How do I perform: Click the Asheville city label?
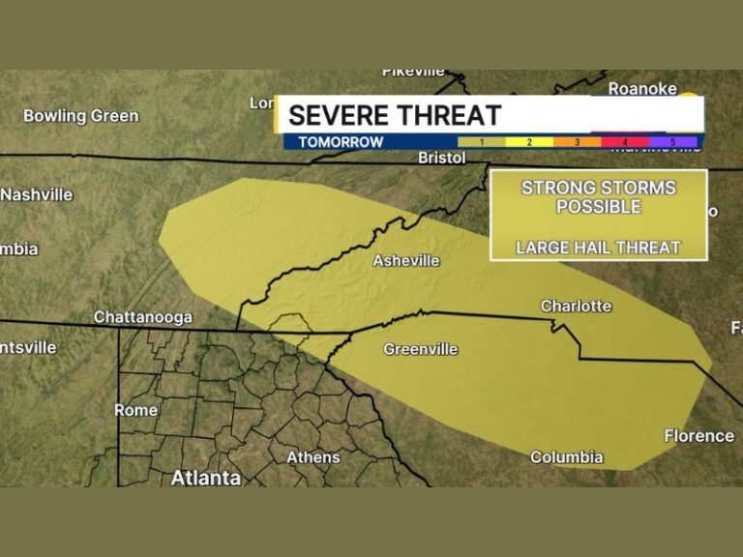click(x=406, y=260)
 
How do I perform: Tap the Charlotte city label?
click(x=576, y=306)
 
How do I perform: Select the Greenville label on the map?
click(x=420, y=349)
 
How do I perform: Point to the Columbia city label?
click(x=566, y=456)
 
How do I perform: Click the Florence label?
click(x=698, y=435)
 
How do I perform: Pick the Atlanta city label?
click(x=206, y=478)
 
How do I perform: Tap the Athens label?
click(x=312, y=456)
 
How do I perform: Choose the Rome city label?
click(x=135, y=410)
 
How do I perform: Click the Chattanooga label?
click(x=142, y=317)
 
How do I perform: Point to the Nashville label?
click(x=37, y=194)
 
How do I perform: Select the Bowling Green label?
click(x=80, y=116)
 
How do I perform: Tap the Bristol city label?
click(x=442, y=158)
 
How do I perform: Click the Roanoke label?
click(x=641, y=88)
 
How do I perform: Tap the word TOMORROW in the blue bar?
click(x=341, y=142)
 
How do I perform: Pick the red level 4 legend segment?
click(x=625, y=142)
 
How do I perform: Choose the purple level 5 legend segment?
click(x=673, y=142)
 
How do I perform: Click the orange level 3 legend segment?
click(x=578, y=142)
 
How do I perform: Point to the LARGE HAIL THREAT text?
click(x=598, y=248)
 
